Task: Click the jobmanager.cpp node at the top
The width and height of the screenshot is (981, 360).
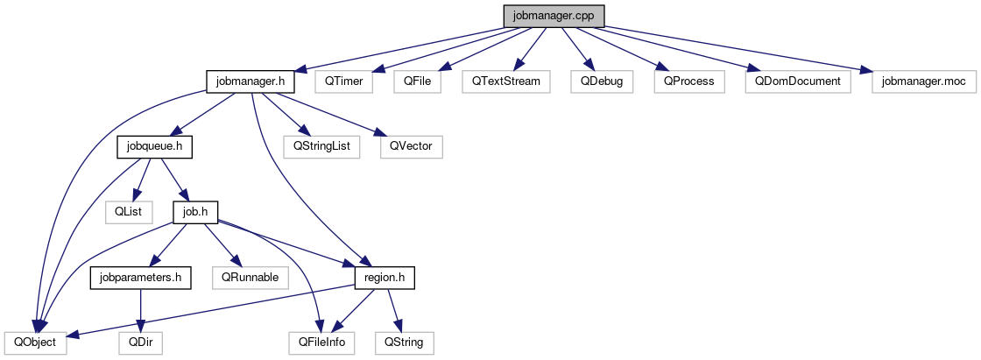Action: click(x=554, y=16)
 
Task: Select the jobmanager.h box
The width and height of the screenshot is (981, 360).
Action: click(x=251, y=81)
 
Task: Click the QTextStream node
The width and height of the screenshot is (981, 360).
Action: click(x=506, y=81)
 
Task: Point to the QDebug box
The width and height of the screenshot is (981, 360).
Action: click(x=601, y=81)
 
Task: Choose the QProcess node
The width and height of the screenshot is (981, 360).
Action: click(x=688, y=81)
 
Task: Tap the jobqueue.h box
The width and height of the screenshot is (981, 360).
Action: click(x=154, y=146)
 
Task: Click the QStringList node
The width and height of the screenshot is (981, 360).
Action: click(x=321, y=146)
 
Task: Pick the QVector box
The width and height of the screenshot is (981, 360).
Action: click(x=412, y=146)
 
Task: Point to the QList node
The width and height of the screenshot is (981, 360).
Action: click(x=128, y=211)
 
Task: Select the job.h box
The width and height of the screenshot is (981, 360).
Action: click(x=194, y=211)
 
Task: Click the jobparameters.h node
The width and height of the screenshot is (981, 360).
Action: click(x=140, y=277)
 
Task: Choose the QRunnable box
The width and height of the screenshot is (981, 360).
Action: click(x=250, y=277)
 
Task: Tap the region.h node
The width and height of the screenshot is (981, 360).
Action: click(x=384, y=277)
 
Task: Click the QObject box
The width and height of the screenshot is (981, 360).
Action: click(x=35, y=342)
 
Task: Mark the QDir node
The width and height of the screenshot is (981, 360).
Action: click(x=140, y=342)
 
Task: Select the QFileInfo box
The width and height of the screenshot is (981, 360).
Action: click(x=322, y=342)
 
